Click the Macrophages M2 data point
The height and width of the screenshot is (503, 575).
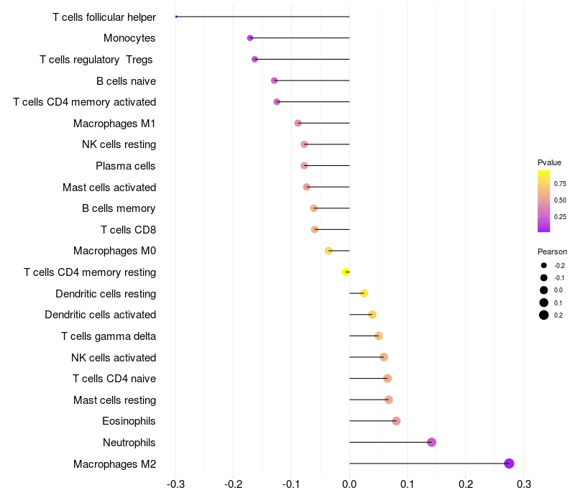pos(509,463)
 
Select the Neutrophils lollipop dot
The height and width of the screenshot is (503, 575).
pos(431,442)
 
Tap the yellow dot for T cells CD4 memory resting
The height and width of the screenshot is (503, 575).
pos(346,272)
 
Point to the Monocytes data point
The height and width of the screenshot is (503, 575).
pos(250,38)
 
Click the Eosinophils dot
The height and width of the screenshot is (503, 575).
pos(396,421)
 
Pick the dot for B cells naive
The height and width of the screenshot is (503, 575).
pos(274,80)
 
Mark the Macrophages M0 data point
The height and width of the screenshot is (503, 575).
pos(328,251)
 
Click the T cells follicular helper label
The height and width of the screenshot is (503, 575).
pos(104,17)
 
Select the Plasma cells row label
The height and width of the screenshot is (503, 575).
pos(126,166)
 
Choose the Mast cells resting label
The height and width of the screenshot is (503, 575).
pos(115,400)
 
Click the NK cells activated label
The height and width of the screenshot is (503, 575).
pos(114,357)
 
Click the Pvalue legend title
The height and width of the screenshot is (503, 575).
pos(549,162)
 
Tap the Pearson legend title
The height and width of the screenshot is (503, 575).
pos(552,251)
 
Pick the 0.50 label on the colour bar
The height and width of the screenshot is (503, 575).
pos(560,200)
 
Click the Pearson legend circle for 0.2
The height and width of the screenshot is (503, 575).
pos(544,315)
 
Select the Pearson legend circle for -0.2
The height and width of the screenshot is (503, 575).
pos(544,265)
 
